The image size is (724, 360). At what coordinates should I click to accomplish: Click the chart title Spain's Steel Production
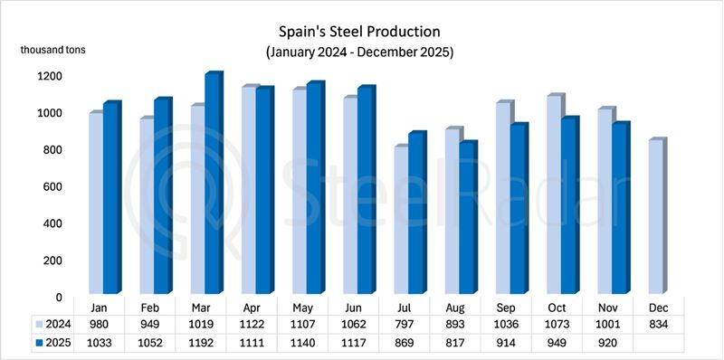[359, 33]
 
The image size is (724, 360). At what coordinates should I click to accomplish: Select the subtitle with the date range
[359, 52]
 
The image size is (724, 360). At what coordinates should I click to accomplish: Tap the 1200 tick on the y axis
[51, 76]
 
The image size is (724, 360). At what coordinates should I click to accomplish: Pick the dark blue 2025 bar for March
[211, 185]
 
